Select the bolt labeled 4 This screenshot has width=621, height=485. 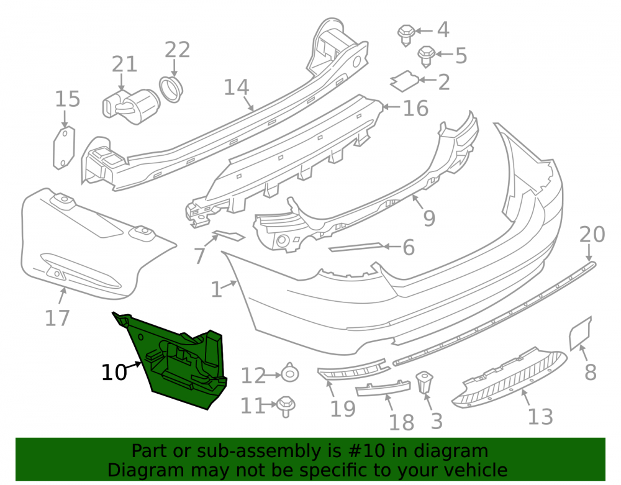point(406,35)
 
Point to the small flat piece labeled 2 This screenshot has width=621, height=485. point(404,81)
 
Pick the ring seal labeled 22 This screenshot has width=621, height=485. point(171,89)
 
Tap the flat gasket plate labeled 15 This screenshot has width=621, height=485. point(64,147)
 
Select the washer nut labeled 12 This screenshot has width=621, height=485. point(290,373)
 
